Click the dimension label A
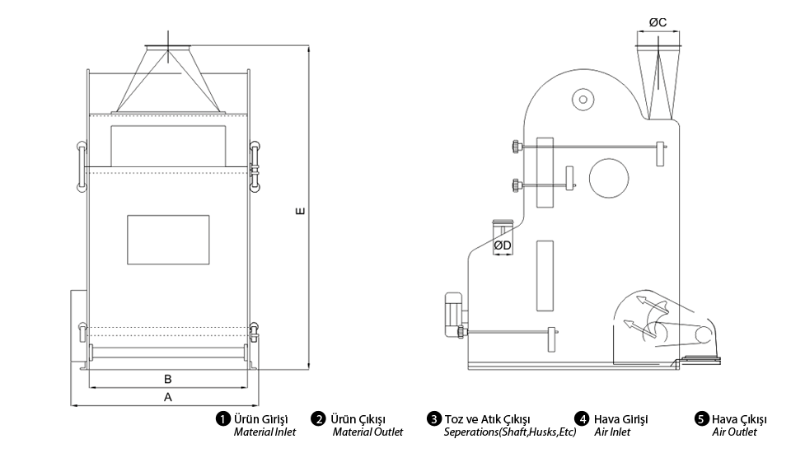[168, 397]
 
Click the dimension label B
[168, 379]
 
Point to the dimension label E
[300, 211]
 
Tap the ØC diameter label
[658, 22]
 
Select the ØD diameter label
[503, 245]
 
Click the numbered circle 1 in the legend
[223, 419]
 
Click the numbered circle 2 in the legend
[318, 419]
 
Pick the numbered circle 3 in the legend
[433, 419]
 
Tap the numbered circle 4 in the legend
[582, 419]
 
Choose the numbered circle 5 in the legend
[701, 419]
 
